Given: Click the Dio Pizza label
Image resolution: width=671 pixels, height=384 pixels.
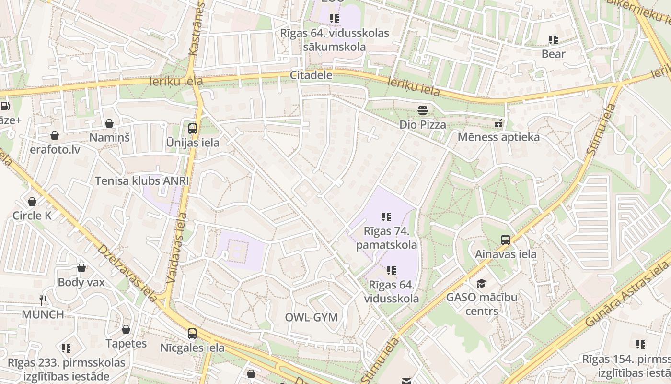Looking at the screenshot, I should tap(423, 125).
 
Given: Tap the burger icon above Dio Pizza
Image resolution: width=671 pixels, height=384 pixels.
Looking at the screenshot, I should tap(422, 111).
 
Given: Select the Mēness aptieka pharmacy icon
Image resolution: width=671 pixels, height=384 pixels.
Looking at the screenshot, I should tap(499, 124).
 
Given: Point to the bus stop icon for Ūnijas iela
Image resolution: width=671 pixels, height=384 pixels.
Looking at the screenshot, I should tap(193, 129).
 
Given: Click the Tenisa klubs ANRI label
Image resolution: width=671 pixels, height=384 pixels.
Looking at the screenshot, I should tap(142, 181).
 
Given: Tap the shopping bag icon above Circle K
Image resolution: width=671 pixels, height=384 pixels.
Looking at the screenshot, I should tap(32, 202).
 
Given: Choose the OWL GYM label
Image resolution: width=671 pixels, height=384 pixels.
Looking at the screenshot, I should tap(311, 317).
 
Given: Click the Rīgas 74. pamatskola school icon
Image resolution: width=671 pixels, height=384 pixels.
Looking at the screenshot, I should tap(386, 217).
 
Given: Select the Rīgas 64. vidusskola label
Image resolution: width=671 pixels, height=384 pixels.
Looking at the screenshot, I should tap(391, 292).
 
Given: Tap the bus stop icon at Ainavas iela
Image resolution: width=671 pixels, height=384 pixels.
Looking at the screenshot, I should tap(505, 240).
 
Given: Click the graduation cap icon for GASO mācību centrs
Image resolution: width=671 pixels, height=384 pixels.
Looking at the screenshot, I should tap(481, 284).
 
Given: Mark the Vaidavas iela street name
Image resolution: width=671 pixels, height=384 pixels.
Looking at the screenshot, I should tap(177, 247).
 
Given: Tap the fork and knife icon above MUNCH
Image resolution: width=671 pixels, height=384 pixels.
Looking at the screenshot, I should tap(43, 300).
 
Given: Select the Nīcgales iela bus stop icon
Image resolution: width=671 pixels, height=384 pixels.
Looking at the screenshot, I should tap(192, 334).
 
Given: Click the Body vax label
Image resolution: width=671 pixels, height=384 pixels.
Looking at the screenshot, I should tap(81, 282).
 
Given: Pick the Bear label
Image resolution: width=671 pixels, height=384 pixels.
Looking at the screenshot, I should tap(554, 54).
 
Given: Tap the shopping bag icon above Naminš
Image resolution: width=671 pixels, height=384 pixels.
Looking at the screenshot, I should tap(109, 124).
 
